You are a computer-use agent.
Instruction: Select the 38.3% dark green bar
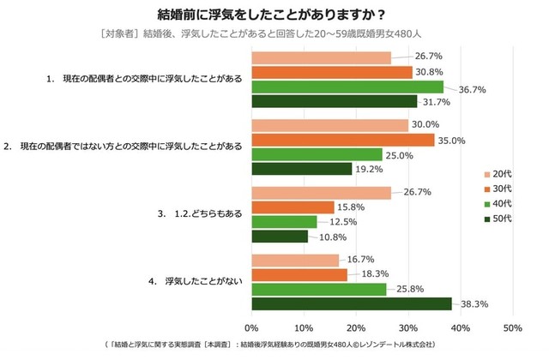pyautogui.click(x=352, y=303)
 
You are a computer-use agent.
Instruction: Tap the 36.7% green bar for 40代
pyautogui.click(x=347, y=87)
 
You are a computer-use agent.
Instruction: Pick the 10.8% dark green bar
pyautogui.click(x=280, y=236)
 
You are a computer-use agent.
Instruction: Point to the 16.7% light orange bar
pyautogui.click(x=295, y=261)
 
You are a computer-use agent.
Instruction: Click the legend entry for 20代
pyautogui.click(x=497, y=172)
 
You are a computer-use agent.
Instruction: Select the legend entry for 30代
pyautogui.click(x=497, y=188)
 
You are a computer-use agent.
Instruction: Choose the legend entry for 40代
pyautogui.click(x=497, y=203)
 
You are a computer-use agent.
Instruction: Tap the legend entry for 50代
pyautogui.click(x=497, y=219)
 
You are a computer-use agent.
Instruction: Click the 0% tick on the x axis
pyautogui.click(x=252, y=328)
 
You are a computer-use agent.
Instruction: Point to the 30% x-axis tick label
pyautogui.click(x=407, y=328)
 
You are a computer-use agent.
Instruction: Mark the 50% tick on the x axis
pyautogui.click(x=511, y=328)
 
